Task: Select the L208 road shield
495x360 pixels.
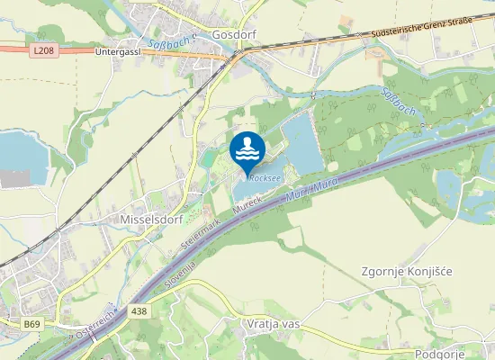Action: coord(42,51)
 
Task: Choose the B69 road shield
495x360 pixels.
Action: coord(32,323)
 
